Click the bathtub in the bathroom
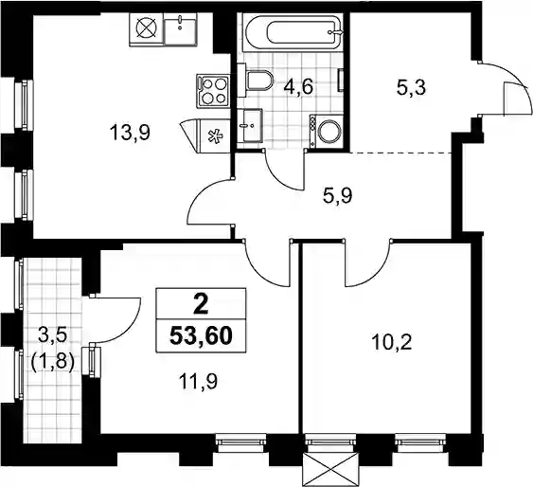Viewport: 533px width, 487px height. tap(293, 32)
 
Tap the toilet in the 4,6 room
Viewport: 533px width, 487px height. tap(257, 81)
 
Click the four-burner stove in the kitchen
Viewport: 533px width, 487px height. tap(213, 90)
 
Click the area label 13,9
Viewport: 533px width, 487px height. tap(130, 133)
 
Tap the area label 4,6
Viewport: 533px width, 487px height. tap(298, 87)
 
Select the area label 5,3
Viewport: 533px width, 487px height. tap(411, 88)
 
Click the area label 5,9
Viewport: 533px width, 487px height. tap(338, 196)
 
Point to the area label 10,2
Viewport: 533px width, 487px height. tap(392, 343)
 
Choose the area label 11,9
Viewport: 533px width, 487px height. tap(198, 382)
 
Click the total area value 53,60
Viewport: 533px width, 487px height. tap(201, 336)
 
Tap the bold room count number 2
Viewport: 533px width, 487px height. tap(201, 305)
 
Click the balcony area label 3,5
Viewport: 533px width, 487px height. tap(53, 336)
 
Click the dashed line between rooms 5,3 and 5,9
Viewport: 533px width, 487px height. tap(401, 153)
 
